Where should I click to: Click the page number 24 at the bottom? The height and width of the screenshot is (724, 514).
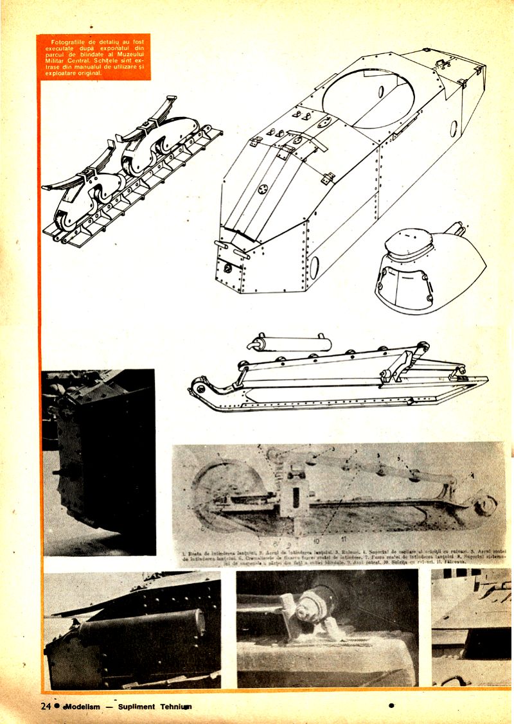click(46, 706)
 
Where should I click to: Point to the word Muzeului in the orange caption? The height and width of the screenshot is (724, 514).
click(131, 57)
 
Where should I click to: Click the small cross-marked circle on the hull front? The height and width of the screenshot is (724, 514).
click(262, 190)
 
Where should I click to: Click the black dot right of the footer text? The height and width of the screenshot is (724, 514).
click(391, 705)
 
